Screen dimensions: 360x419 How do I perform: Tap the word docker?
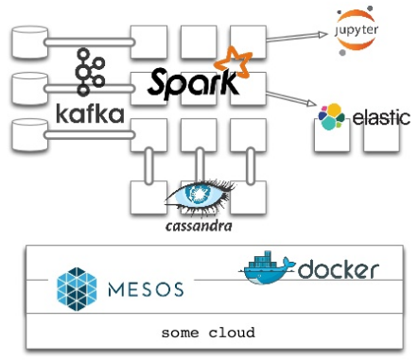(338, 270)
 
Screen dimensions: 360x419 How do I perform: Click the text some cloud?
(207, 334)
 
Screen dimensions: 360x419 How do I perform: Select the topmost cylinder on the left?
(27, 42)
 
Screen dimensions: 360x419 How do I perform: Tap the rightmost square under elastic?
(381, 140)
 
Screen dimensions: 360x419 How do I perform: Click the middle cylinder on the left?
(27, 88)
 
